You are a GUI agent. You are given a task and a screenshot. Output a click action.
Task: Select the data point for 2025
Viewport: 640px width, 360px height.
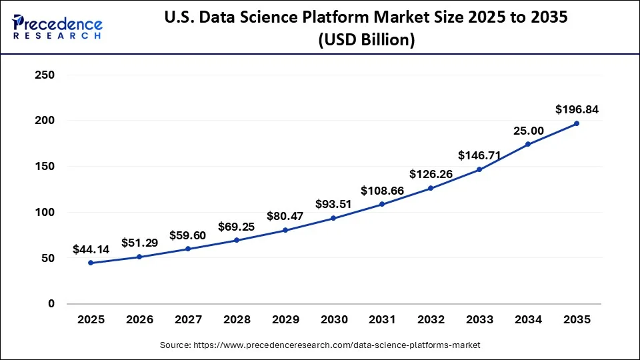pyautogui.click(x=91, y=263)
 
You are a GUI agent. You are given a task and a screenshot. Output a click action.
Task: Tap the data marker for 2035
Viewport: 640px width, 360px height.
pyautogui.click(x=576, y=123)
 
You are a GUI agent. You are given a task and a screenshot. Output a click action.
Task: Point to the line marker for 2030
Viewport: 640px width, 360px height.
pyautogui.click(x=333, y=218)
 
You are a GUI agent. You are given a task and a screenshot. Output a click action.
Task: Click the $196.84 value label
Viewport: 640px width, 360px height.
pyautogui.click(x=576, y=109)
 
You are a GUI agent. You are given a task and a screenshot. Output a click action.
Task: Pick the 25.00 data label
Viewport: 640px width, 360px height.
pyautogui.click(x=527, y=130)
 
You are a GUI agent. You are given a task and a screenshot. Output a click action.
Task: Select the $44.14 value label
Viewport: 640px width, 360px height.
pyautogui.click(x=91, y=249)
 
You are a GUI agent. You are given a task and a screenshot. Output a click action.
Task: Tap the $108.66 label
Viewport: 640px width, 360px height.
pyautogui.click(x=382, y=191)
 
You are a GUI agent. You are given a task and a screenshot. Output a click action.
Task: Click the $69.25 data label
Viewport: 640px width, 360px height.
pyautogui.click(x=237, y=227)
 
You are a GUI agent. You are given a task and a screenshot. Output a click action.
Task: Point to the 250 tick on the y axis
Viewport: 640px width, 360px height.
pyautogui.click(x=44, y=75)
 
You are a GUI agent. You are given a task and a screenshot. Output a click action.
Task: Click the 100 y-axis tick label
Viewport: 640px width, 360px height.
pyautogui.click(x=44, y=213)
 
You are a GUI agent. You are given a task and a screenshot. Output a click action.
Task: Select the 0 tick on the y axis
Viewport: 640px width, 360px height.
pyautogui.click(x=50, y=304)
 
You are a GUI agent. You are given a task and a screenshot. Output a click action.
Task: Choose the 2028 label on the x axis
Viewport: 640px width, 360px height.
pyautogui.click(x=237, y=320)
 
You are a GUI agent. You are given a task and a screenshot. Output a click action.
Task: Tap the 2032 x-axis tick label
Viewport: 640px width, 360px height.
pyautogui.click(x=431, y=320)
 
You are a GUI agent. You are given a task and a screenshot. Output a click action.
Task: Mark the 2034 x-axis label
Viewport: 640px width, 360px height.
pyautogui.click(x=527, y=320)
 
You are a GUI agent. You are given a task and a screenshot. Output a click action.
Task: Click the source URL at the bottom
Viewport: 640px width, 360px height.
pyautogui.click(x=320, y=345)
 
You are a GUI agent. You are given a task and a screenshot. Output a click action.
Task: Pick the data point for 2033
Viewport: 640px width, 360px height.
pyautogui.click(x=479, y=169)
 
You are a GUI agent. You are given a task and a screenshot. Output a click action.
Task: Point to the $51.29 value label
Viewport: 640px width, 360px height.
pyautogui.click(x=139, y=243)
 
